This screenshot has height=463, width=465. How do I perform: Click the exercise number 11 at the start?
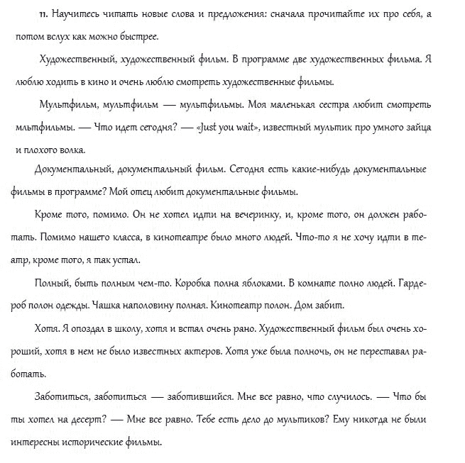[42, 14]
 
